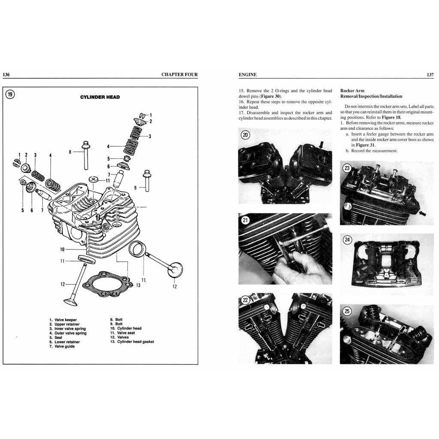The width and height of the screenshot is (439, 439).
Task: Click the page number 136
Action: [6, 75]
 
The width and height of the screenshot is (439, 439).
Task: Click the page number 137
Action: [430, 75]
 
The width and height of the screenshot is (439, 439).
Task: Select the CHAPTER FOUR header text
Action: [179, 75]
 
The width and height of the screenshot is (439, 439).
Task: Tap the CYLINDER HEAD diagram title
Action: [100, 97]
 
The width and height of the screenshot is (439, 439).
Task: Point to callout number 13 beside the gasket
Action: [138, 285]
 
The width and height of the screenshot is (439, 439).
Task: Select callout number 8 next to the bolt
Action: [70, 151]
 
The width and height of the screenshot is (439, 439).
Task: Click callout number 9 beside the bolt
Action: [135, 187]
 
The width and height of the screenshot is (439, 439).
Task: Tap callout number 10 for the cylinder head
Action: [63, 249]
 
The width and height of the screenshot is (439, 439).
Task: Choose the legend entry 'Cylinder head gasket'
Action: [132, 342]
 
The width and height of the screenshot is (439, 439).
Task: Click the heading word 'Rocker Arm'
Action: [352, 91]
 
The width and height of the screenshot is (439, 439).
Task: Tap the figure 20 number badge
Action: [245, 135]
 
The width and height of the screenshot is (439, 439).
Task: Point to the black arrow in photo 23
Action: [423, 213]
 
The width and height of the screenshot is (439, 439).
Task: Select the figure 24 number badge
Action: [347, 241]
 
